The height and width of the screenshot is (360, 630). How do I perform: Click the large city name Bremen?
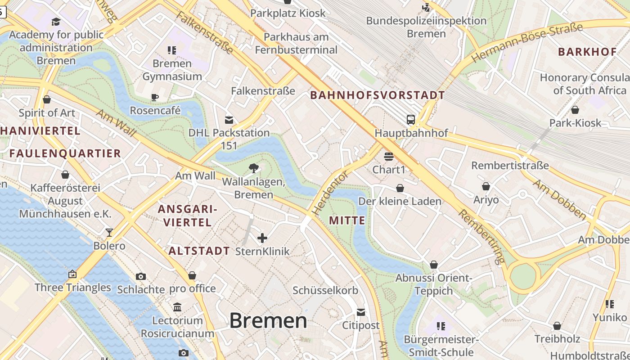268,320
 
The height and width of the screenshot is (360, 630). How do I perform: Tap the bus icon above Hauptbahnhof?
411,120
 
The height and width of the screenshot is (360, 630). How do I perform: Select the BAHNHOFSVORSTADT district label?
378,95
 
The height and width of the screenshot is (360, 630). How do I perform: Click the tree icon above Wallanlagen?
254,168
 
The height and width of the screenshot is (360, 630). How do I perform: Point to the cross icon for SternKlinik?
262,238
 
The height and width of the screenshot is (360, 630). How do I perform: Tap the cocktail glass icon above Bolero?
109,233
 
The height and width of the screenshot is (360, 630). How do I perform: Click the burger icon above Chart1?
389,157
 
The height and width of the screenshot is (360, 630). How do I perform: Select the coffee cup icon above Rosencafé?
155,97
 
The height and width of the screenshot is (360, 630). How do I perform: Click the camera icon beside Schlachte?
141,276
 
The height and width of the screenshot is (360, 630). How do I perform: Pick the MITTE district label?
347,220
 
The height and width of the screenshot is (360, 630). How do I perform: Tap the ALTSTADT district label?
199,251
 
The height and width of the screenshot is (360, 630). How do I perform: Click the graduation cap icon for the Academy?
56,22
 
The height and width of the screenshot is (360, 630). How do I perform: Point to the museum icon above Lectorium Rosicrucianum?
177,307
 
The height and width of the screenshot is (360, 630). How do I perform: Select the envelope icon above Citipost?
361,312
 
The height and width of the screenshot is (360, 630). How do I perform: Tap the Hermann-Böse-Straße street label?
526,43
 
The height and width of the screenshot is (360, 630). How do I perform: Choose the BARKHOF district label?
587,52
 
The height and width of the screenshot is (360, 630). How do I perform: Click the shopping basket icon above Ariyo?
486,186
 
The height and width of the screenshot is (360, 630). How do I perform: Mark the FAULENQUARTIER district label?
65,153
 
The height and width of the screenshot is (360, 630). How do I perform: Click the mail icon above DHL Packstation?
229,120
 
